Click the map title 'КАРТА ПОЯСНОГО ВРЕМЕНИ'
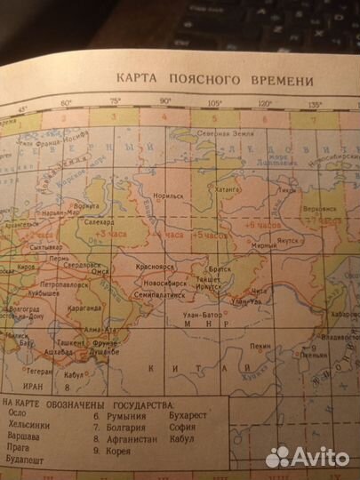click(215, 81)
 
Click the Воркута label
click(84, 206)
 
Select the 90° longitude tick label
click(166, 102)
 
